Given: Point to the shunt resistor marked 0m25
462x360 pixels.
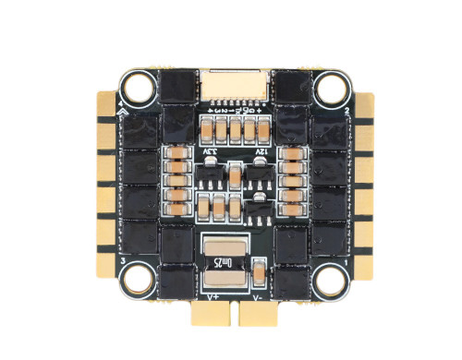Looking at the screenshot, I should (225, 261).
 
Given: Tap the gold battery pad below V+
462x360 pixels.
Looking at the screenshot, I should (210, 318).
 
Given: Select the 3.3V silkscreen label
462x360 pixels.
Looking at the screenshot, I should (207, 148).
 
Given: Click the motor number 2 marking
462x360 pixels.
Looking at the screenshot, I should (346, 110).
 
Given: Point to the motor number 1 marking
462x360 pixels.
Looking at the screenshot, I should (346, 262).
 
